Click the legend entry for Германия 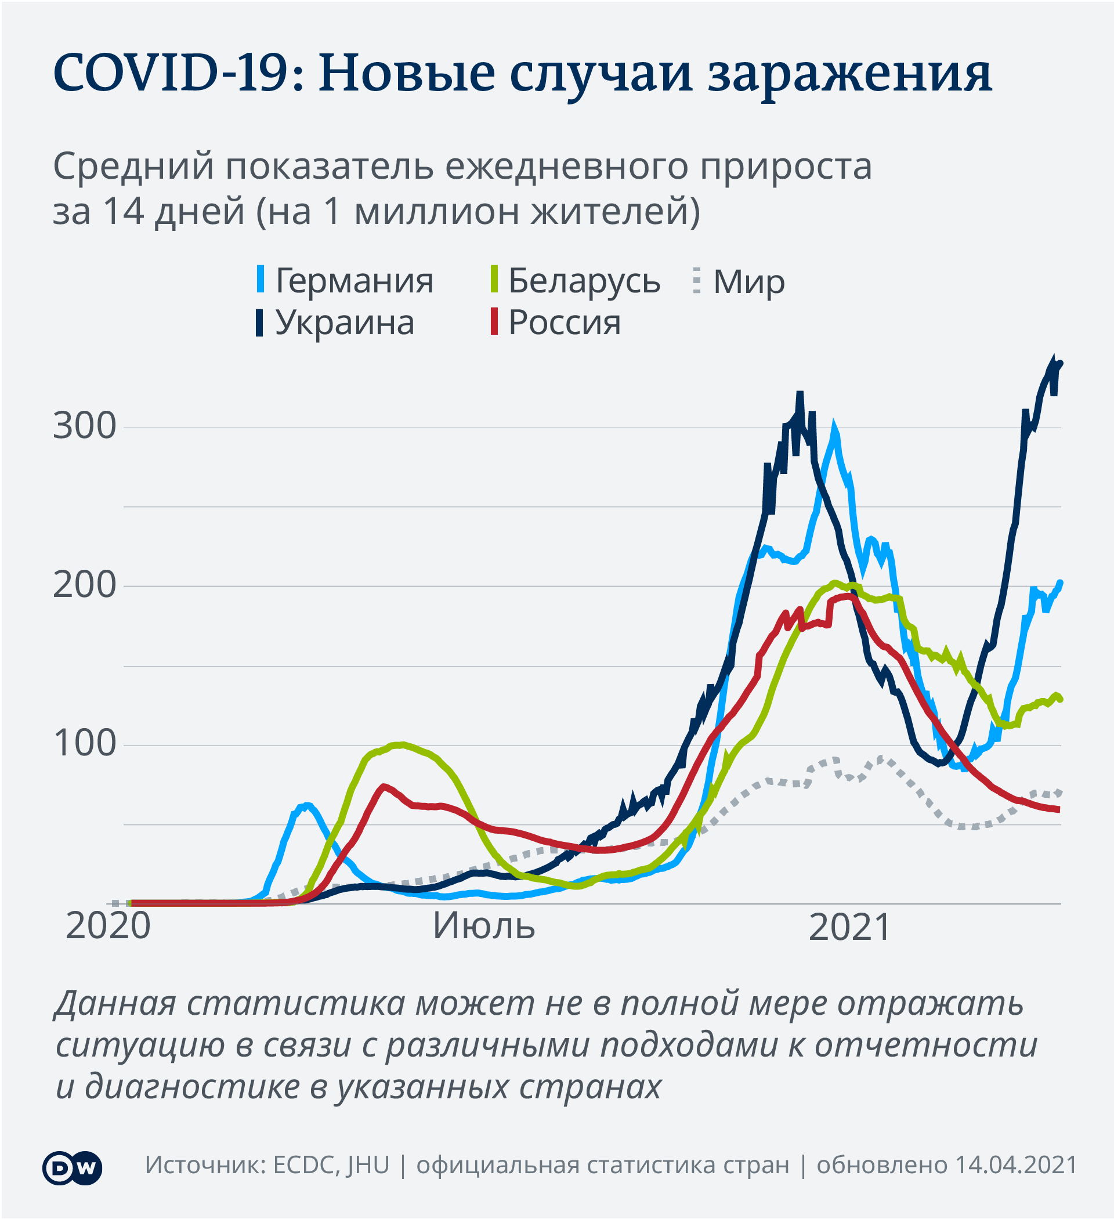pyautogui.click(x=354, y=281)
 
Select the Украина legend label pyautogui.click(x=344, y=322)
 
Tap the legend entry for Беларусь pyautogui.click(x=584, y=281)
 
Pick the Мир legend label pyautogui.click(x=748, y=282)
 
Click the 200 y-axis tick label pyautogui.click(x=84, y=585)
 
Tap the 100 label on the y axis pyautogui.click(x=84, y=743)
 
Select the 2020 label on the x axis pyautogui.click(x=108, y=926)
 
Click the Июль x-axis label pyautogui.click(x=484, y=926)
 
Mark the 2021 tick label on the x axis pyautogui.click(x=849, y=927)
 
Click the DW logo pyautogui.click(x=72, y=1167)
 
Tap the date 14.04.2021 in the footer pyautogui.click(x=1015, y=1164)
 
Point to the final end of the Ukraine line pyautogui.click(x=1060, y=363)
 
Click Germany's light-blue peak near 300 pyautogui.click(x=834, y=427)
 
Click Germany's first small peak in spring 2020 pyautogui.click(x=308, y=805)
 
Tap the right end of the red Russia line pyautogui.click(x=1058, y=809)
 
